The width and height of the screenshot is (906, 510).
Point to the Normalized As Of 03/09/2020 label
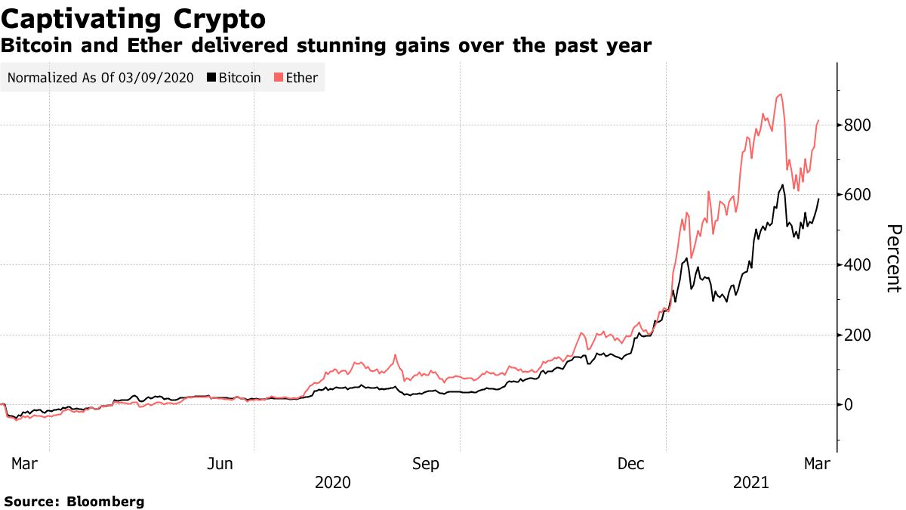(100, 78)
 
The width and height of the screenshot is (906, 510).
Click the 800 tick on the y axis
(860, 125)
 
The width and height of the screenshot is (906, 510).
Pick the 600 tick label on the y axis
(860, 195)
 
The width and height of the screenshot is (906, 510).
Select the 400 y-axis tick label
(860, 265)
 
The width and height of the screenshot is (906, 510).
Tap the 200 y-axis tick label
(860, 335)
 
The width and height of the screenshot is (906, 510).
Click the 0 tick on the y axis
(850, 405)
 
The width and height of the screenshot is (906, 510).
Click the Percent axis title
(893, 258)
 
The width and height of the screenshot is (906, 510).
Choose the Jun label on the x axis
(220, 463)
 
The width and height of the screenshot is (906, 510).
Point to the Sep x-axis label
(426, 463)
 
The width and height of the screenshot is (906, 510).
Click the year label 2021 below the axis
(750, 482)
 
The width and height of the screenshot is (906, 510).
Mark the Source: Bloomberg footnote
(74, 501)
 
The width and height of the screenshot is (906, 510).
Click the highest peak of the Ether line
(780, 94)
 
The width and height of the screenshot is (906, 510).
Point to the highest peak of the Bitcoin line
(782, 185)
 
